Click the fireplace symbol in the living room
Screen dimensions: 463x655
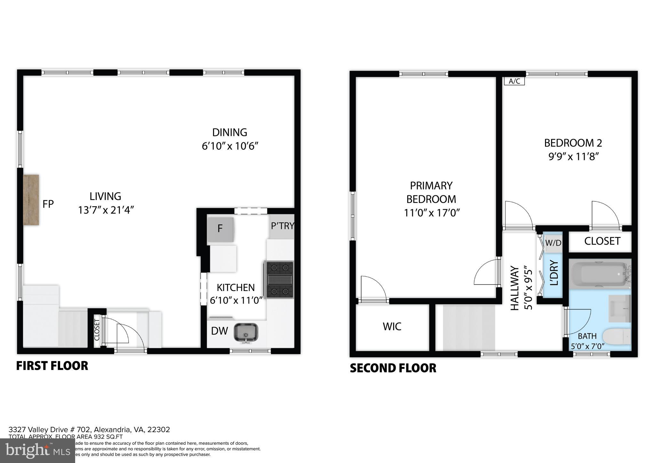click(x=31, y=200)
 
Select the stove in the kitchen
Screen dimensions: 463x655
click(x=279, y=280)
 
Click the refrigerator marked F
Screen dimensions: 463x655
click(x=220, y=229)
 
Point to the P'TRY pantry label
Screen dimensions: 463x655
click(x=282, y=226)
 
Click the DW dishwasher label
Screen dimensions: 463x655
click(x=219, y=331)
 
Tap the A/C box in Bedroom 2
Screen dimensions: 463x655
click(x=514, y=81)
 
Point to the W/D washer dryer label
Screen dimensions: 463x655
click(x=553, y=243)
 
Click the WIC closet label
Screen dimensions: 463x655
click(x=392, y=326)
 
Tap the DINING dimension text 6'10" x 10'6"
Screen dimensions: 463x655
click(x=230, y=146)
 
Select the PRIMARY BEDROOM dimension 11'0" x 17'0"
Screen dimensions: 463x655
click(x=431, y=213)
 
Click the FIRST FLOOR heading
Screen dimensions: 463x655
click(x=52, y=366)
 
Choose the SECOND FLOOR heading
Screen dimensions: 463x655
click(x=393, y=368)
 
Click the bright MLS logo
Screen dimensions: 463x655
click(x=38, y=451)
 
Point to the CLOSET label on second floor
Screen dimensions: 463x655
click(x=602, y=241)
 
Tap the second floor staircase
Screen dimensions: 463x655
click(x=469, y=328)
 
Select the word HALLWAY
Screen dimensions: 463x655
click(x=514, y=288)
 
